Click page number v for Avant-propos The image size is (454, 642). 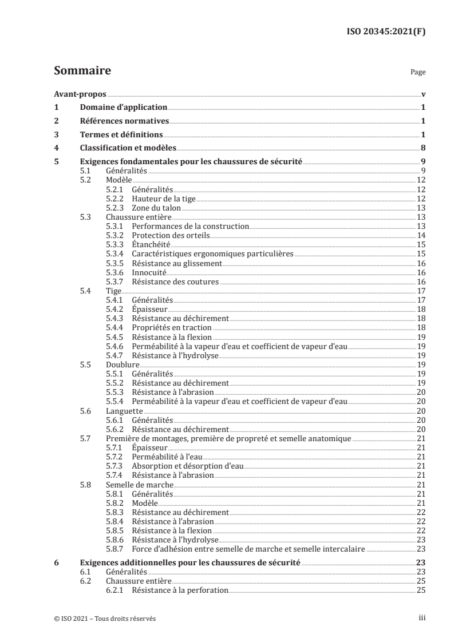pos(423,94)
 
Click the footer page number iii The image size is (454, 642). pos(421,618)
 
